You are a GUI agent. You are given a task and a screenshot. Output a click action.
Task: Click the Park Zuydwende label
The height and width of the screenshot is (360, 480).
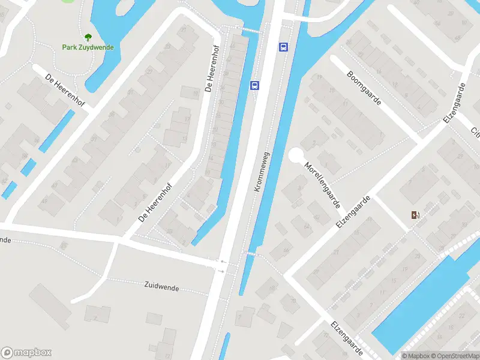88,47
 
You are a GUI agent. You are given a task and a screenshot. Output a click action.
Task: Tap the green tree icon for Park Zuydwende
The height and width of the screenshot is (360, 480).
88,37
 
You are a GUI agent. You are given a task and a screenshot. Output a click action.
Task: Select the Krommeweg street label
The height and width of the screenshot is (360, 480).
262,171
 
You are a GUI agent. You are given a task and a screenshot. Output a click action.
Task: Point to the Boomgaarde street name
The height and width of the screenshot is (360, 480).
364,88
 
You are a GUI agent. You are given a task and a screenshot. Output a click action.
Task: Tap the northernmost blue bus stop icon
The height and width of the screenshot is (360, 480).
283,47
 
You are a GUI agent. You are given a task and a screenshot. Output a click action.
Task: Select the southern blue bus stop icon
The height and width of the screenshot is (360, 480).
255,85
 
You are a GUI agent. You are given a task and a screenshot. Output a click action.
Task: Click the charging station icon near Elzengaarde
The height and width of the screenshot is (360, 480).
415,215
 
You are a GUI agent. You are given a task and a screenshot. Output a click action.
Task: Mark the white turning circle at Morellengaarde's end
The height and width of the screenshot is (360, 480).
296,155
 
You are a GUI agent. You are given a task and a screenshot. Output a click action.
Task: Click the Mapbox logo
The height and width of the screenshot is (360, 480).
26,353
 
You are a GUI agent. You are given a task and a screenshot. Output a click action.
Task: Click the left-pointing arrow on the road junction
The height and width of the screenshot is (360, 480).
223,262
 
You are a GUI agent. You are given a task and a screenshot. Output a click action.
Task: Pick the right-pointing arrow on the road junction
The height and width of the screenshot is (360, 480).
222,271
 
